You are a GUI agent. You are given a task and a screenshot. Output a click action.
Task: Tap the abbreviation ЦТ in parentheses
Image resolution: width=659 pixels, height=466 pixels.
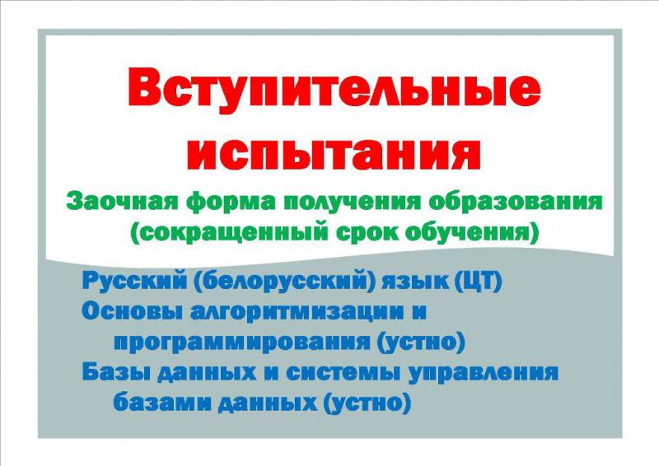tap(479, 281)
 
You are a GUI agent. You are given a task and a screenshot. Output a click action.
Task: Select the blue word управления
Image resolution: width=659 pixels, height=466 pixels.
tap(484, 373)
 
